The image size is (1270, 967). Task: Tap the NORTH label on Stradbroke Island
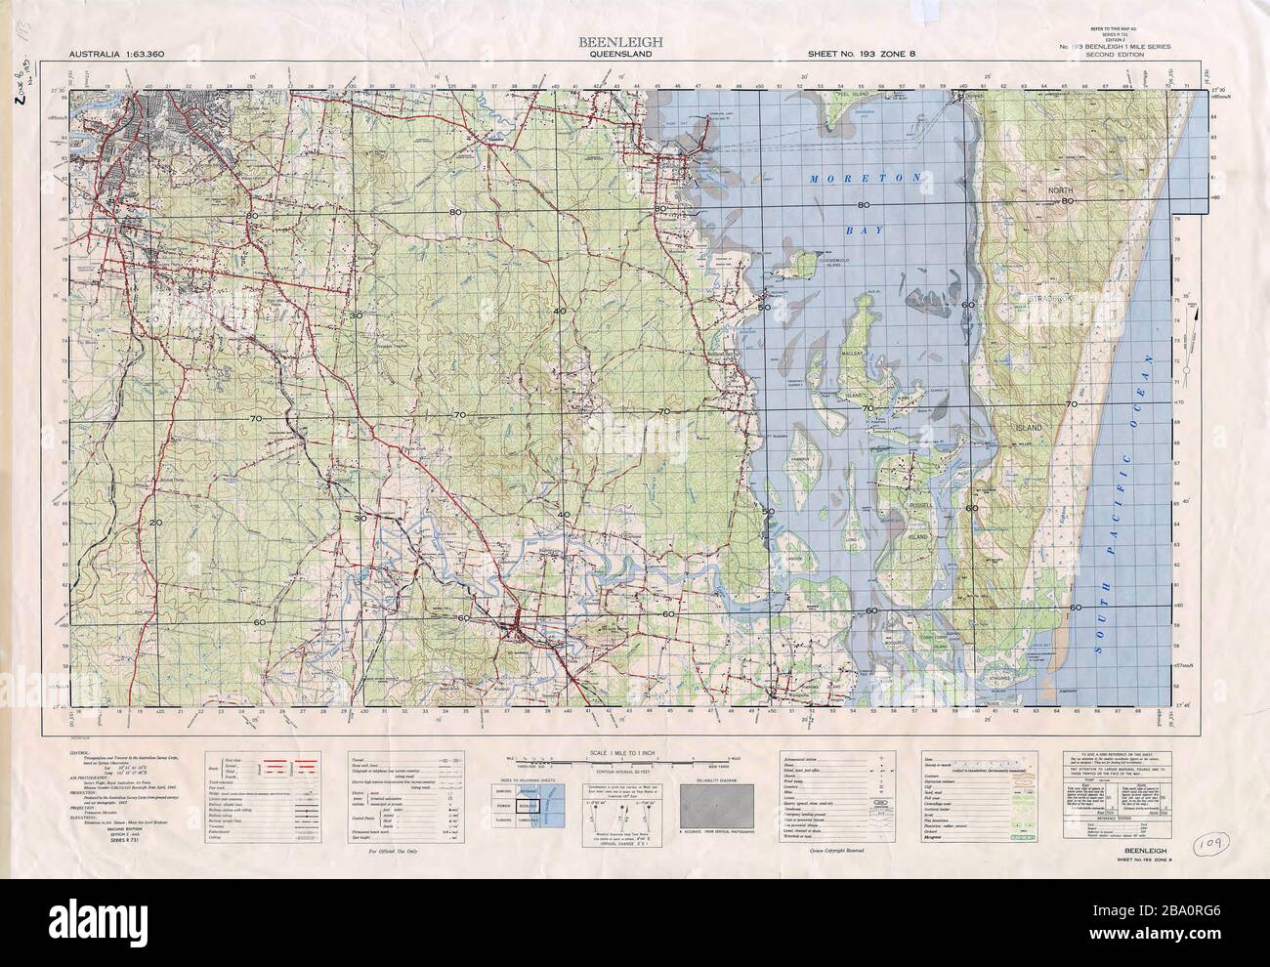(1061, 189)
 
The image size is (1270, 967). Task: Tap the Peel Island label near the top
(859, 96)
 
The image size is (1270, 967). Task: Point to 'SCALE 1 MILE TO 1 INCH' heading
(635, 750)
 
